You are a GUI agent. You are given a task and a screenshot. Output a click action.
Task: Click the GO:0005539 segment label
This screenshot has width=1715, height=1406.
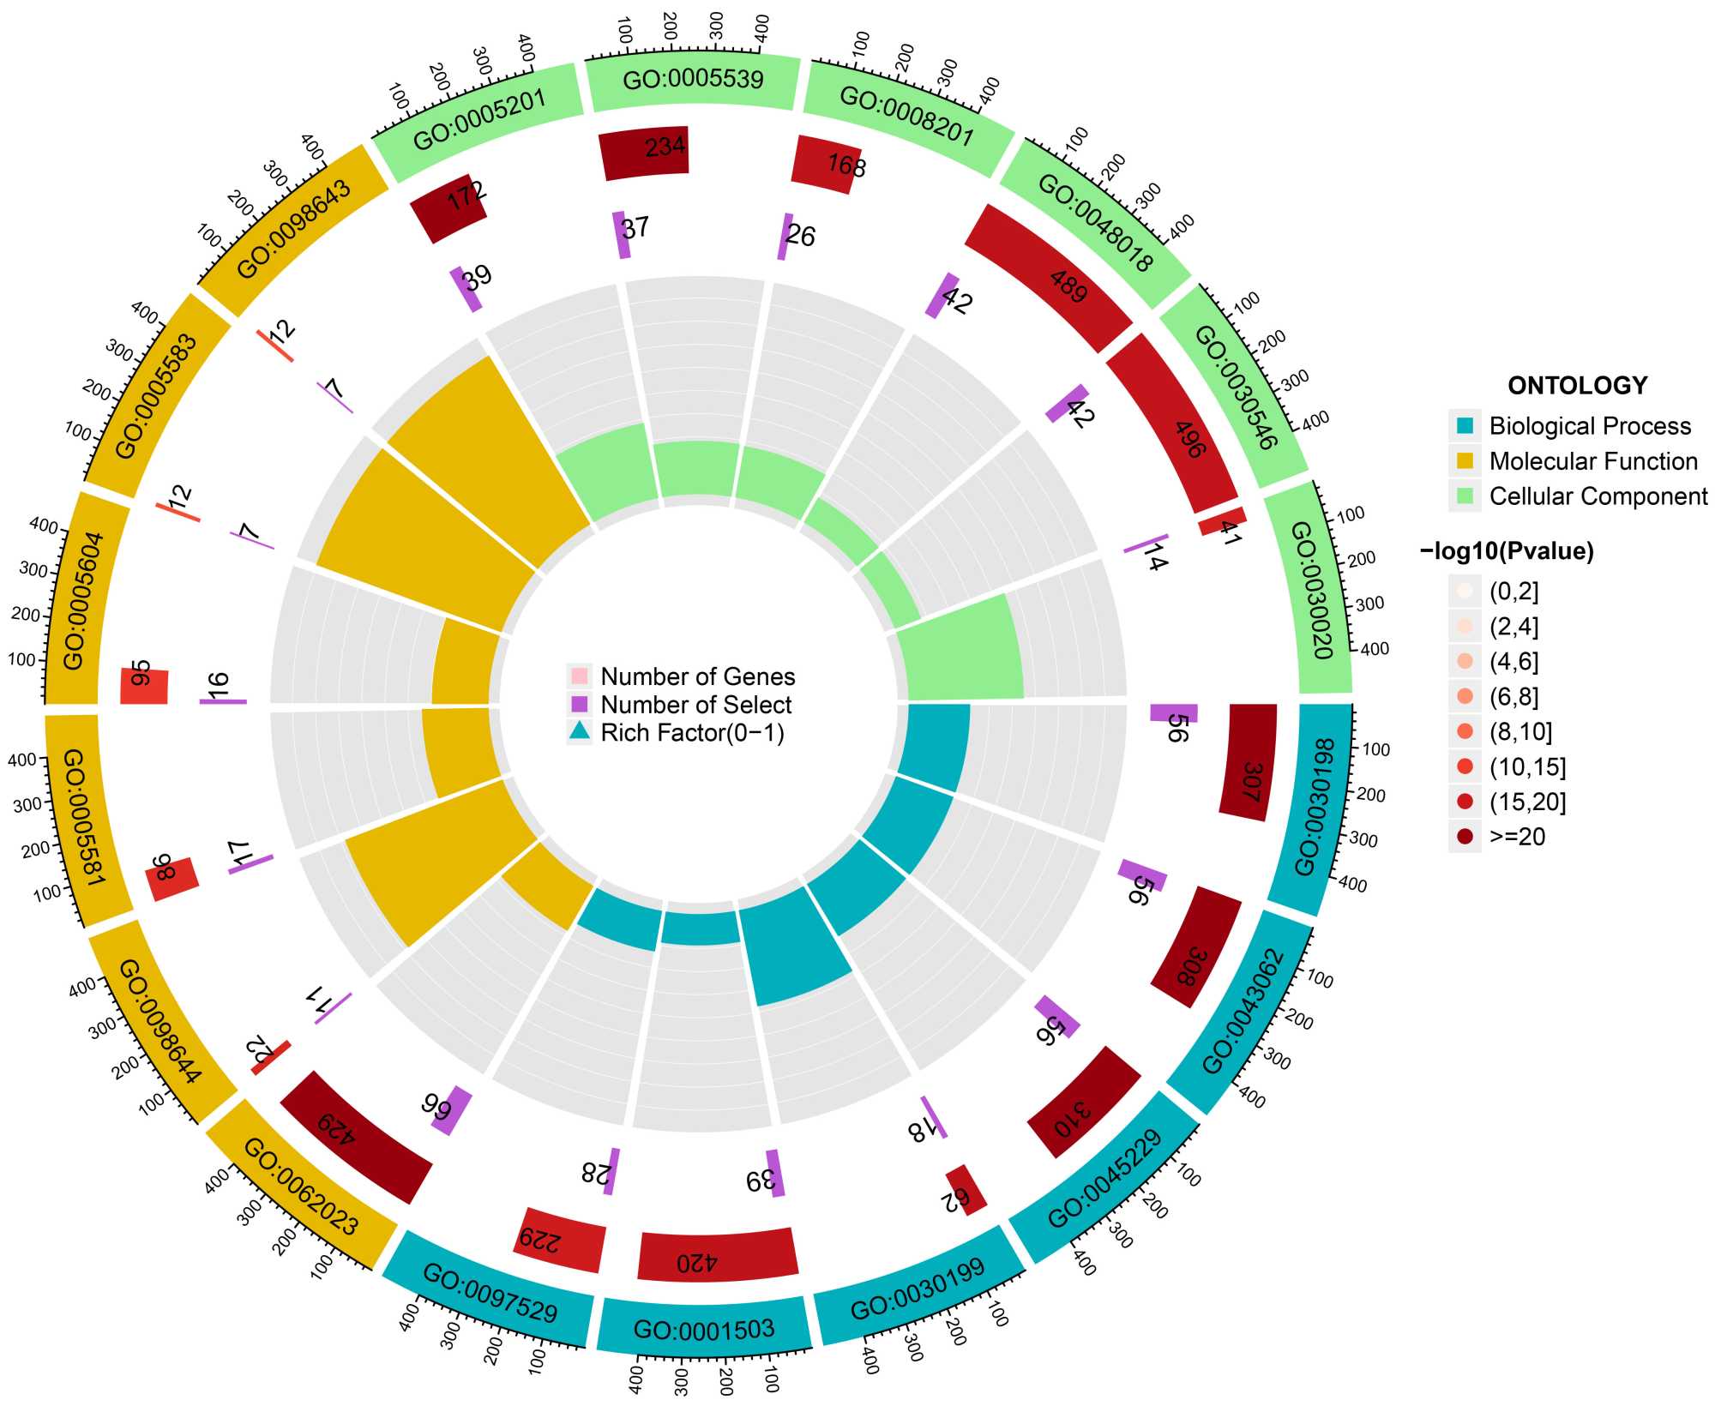point(693,81)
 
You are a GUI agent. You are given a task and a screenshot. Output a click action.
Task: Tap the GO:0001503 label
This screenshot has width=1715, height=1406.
point(703,1330)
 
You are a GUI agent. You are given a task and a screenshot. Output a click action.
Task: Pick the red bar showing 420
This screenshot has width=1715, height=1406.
point(718,1254)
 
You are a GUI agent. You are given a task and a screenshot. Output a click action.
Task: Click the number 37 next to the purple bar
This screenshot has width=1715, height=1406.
point(635,228)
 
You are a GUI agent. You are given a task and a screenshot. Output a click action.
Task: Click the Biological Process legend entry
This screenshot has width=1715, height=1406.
point(1590,426)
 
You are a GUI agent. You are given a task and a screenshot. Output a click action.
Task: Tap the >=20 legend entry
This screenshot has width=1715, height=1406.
point(1517,837)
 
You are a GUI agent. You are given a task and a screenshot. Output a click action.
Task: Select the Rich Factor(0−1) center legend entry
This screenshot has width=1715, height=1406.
point(692,733)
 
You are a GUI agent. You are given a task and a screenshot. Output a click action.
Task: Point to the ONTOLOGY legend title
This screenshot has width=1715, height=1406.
point(1577,386)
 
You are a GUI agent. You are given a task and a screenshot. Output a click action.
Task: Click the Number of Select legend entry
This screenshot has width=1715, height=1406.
point(695,705)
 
